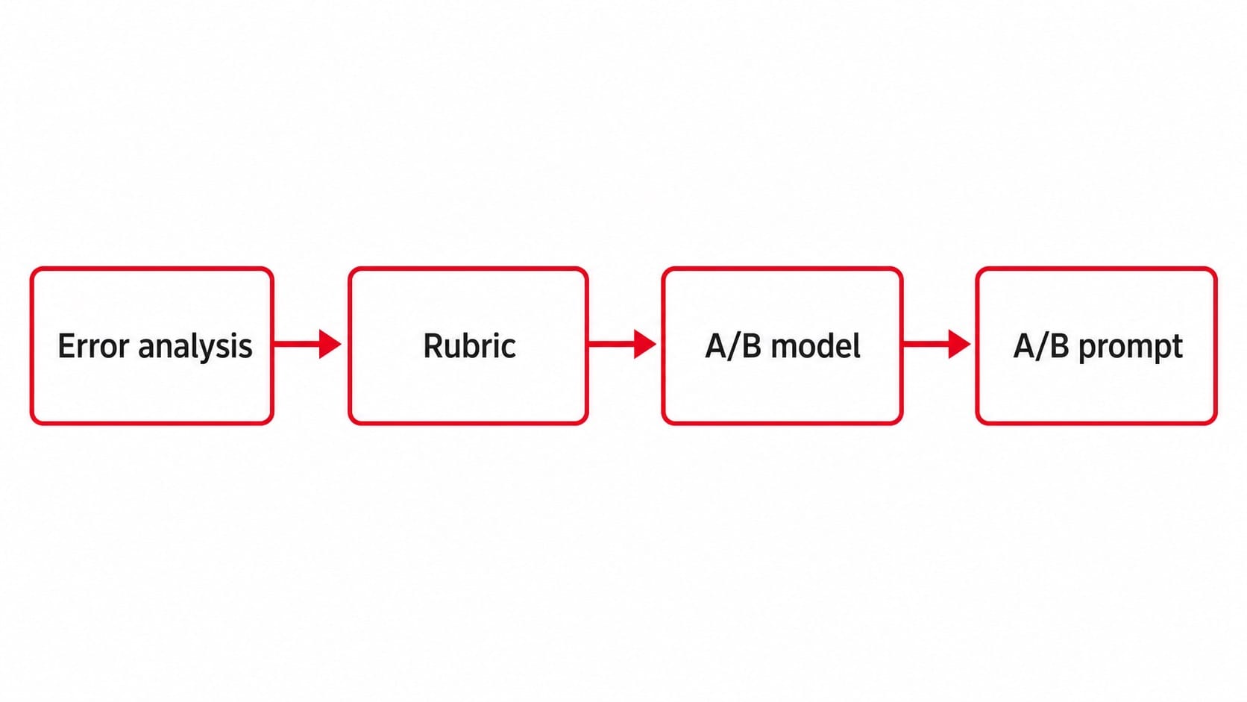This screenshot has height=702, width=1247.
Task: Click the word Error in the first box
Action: [x=93, y=345]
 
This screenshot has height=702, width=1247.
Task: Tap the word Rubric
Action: [x=469, y=345]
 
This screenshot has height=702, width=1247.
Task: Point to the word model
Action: [x=816, y=345]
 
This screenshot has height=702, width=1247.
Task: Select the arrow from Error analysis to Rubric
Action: [x=307, y=344]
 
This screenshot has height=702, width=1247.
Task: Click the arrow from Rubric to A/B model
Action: [x=622, y=344]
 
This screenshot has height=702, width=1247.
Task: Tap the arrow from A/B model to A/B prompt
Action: [x=936, y=344]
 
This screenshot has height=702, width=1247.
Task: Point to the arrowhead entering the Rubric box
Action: [x=330, y=344]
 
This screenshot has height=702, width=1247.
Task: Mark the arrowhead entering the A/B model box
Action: [x=645, y=344]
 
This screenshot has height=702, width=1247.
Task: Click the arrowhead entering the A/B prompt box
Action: [x=960, y=344]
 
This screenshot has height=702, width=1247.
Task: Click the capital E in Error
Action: [x=66, y=345]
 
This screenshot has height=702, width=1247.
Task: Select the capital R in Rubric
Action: [x=433, y=345]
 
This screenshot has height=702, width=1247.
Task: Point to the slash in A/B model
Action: [x=733, y=345]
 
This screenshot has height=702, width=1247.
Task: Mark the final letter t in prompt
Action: [x=1178, y=348]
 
